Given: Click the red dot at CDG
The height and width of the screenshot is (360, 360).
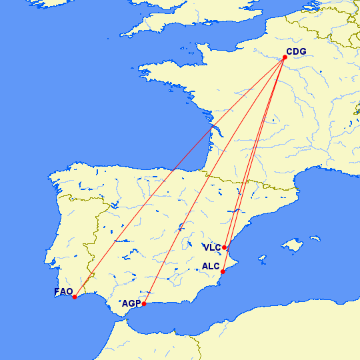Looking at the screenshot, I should coord(285,57).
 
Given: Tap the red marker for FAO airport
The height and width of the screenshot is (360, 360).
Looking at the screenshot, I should coord(75,297).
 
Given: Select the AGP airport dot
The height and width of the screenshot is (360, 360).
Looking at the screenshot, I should coord(144,304).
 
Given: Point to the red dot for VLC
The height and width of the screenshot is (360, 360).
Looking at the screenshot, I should coord(225,247).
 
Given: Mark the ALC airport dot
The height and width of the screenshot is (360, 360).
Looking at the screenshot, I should coord(223,271).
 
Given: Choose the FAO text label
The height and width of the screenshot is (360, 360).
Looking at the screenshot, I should coord(63,291).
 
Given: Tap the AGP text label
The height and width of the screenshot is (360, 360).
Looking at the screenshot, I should coord(131,304).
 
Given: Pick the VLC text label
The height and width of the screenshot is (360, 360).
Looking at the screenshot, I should coord(212,247).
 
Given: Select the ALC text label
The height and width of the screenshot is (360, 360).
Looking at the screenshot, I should coord(211,267).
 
